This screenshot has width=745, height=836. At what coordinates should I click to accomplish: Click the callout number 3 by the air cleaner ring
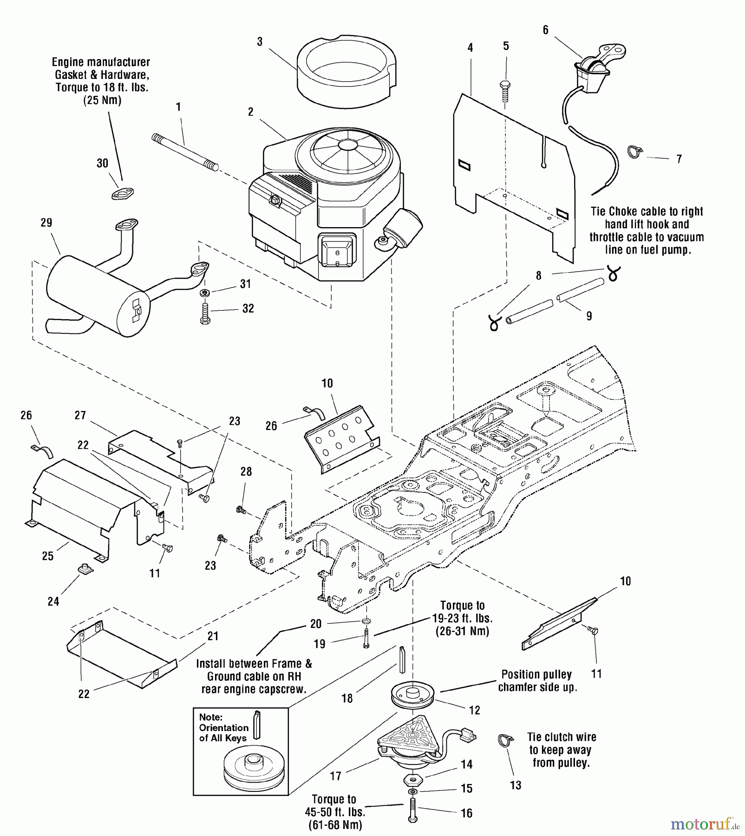click(x=260, y=42)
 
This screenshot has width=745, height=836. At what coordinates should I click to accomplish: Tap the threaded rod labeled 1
click(x=185, y=152)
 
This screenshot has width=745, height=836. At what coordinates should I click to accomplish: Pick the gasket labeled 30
click(x=123, y=193)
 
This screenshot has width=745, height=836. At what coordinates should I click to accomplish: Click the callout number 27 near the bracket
click(x=80, y=415)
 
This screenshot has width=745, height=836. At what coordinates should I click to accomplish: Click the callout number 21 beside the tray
click(x=213, y=636)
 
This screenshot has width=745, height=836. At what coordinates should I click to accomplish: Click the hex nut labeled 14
click(x=412, y=779)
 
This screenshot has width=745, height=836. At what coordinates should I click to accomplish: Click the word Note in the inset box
click(x=210, y=717)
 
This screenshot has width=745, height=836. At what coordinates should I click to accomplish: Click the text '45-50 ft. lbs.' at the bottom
click(x=335, y=811)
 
